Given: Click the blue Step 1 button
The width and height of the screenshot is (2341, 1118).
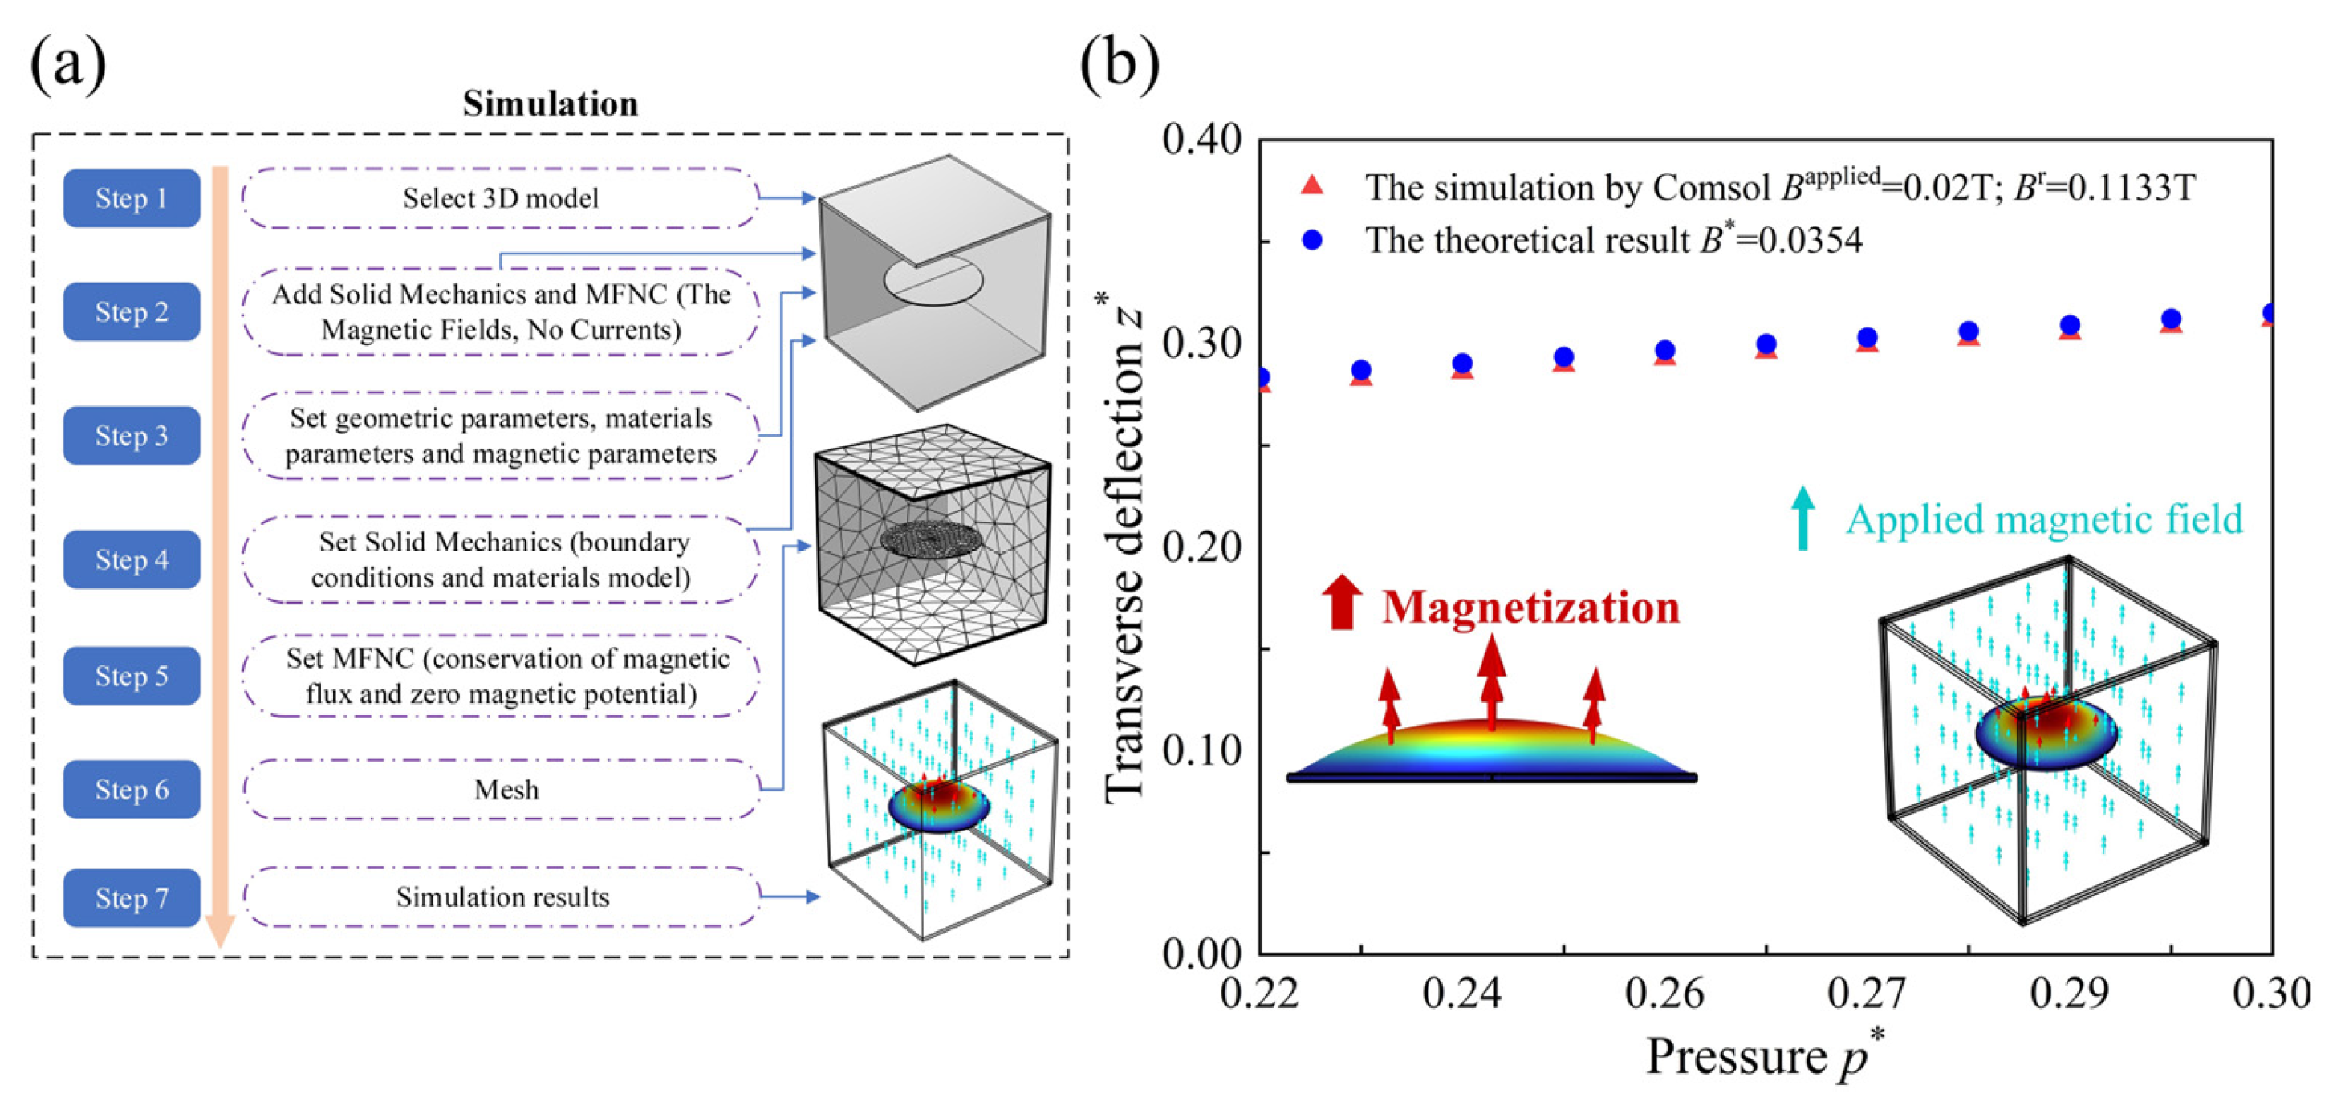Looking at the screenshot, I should tap(131, 198).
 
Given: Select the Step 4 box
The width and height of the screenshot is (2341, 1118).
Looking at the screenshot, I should tap(131, 559).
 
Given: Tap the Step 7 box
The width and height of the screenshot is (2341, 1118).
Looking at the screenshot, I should tap(131, 898).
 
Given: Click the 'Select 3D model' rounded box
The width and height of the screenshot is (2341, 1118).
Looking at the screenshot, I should tap(500, 198).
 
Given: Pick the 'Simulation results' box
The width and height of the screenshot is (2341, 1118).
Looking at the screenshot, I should tap(502, 897).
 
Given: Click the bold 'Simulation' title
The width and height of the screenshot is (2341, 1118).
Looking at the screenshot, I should tap(550, 104).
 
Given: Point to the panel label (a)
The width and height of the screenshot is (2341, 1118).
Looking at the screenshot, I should tap(67, 63).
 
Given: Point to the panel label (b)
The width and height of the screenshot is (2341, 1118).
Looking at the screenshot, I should tap(1120, 63).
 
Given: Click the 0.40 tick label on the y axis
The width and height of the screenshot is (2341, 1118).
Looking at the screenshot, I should tap(1201, 141).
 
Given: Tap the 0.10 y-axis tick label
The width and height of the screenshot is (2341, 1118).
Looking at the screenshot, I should tap(1201, 750).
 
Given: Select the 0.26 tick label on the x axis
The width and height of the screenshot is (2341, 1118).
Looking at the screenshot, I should tap(1664, 994).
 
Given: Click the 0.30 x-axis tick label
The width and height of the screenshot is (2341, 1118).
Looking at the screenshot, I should tap(2271, 994).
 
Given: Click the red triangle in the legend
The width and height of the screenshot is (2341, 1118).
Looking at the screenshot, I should tap(1312, 186).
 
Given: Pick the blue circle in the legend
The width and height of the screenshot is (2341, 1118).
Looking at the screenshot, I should tap(1312, 240).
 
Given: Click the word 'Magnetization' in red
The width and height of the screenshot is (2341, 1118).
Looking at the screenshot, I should tap(1530, 608).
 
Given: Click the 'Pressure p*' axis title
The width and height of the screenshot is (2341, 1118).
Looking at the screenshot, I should tap(1763, 1057).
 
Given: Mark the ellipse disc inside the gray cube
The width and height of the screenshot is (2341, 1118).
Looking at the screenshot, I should tap(933, 281).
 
